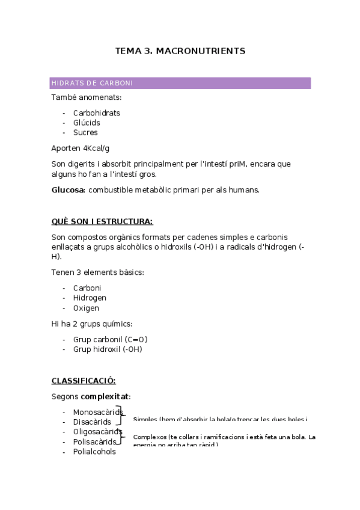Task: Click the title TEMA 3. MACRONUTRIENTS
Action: click(180, 51)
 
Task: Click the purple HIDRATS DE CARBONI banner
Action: click(180, 83)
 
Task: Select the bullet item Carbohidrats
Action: click(96, 113)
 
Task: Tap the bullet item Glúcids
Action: click(87, 123)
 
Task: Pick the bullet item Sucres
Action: click(85, 132)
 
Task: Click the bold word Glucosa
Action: click(67, 190)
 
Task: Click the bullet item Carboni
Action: click(87, 288)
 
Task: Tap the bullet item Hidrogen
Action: click(90, 298)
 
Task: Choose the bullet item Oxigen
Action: click(86, 308)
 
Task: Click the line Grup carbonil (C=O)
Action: click(110, 339)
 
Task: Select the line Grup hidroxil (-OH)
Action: click(108, 349)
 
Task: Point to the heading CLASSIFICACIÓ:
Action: click(84, 381)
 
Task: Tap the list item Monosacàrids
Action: click(97, 412)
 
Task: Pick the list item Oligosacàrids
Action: click(97, 432)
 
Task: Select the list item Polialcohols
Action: click(94, 452)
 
